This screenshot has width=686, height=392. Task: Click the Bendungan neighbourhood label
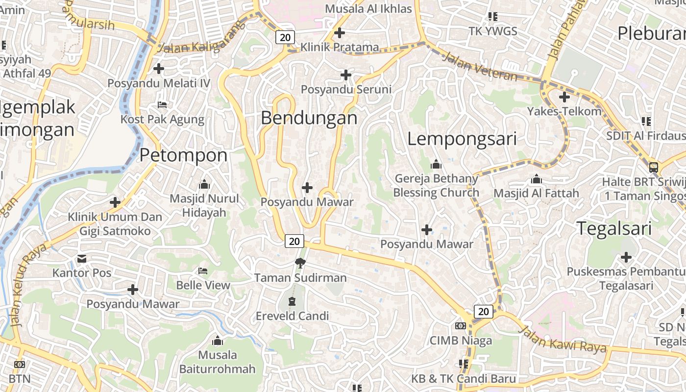click(309, 118)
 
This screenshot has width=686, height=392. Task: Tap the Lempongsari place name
click(462, 139)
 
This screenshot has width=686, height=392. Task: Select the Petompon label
click(184, 155)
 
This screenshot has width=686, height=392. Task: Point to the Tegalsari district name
click(614, 228)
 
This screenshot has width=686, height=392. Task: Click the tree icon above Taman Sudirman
click(300, 264)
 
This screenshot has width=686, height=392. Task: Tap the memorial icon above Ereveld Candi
click(293, 301)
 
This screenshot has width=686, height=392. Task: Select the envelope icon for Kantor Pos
click(82, 258)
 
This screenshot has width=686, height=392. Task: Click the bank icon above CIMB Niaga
click(461, 326)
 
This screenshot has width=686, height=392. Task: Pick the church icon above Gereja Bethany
click(436, 164)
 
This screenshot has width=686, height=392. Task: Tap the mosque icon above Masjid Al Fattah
click(537, 179)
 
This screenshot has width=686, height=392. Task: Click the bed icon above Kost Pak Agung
click(162, 105)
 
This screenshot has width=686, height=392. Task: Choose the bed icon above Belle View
click(203, 271)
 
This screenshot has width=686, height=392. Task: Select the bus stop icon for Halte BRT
click(654, 168)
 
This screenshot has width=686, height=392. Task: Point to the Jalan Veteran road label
click(480, 67)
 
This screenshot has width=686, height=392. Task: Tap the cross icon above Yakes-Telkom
click(564, 97)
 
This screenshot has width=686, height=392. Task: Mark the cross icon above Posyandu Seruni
click(346, 75)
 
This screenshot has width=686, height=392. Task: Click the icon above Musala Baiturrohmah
click(218, 341)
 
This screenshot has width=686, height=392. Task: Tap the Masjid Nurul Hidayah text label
click(204, 205)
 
